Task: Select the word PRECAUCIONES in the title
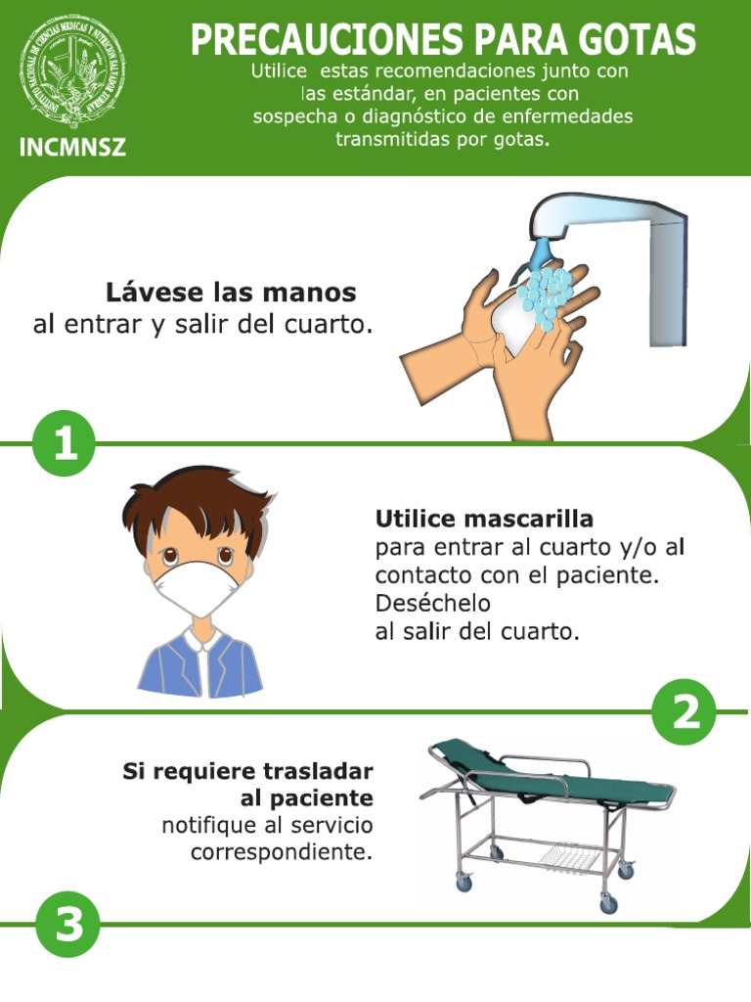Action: (x=326, y=40)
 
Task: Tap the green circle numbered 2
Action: (x=685, y=712)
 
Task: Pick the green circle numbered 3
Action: (x=68, y=924)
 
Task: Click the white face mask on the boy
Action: (x=196, y=587)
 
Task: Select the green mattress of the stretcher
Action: (x=548, y=773)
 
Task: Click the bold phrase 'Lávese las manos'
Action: (x=231, y=293)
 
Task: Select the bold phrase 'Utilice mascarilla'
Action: (x=484, y=518)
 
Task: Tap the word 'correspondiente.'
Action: (x=282, y=852)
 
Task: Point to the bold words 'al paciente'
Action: (x=307, y=798)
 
